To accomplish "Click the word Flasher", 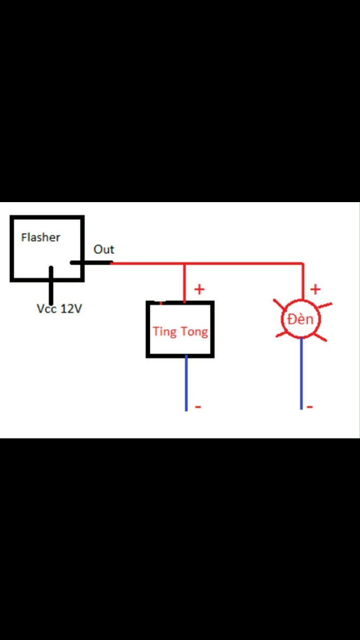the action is point(41,237).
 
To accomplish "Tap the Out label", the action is point(103,250).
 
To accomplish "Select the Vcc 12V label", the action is point(59,309).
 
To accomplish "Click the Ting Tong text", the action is point(180,332).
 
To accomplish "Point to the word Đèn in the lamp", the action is point(300,319).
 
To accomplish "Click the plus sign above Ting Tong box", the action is point(199,290).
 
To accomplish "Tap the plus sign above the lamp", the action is point(315,290).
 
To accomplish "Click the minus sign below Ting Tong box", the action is point(198,406).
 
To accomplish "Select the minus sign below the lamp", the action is point(310,406).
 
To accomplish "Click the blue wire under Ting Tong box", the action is point(186,383).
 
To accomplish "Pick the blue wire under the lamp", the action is point(301,373).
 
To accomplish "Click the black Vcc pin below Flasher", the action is point(51,285).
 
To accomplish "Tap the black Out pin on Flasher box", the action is point(91,262).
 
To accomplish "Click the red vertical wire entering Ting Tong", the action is point(185,283).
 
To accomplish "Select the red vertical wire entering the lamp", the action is point(303,282).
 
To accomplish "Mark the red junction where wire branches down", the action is point(185,263).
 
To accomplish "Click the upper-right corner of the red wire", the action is point(303,263).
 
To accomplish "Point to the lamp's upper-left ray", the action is point(279,305).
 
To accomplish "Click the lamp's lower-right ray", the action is point(320,337).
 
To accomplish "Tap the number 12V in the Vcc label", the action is point(71,309).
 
